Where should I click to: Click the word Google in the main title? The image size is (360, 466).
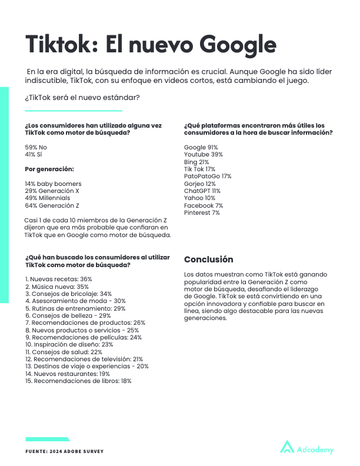tap(238, 44)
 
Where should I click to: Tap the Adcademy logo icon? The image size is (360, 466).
tap(287, 447)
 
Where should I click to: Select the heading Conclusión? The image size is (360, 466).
tap(209, 259)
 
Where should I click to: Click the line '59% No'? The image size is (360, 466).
tap(36, 147)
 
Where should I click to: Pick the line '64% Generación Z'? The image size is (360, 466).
tap(52, 205)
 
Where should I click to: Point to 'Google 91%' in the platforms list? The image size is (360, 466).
tap(201, 147)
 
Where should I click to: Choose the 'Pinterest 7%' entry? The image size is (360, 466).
tap(202, 213)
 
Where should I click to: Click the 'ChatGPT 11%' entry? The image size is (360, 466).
tap(202, 191)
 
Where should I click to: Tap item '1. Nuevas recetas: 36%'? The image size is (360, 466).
tap(59, 278)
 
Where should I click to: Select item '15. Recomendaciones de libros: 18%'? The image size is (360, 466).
tap(78, 381)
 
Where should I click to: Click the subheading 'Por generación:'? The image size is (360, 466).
tap(49, 169)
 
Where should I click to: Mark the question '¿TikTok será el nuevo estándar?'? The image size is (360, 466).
tap(82, 97)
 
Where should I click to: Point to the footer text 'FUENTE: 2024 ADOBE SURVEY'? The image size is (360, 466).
tap(64, 451)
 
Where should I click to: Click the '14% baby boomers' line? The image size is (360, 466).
tap(53, 184)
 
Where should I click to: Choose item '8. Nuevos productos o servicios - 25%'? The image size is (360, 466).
tap(82, 330)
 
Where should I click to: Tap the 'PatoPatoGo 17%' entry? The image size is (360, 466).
tap(208, 177)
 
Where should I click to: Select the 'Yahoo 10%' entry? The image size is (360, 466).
tap(200, 198)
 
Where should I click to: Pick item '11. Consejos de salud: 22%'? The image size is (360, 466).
tap(59, 352)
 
